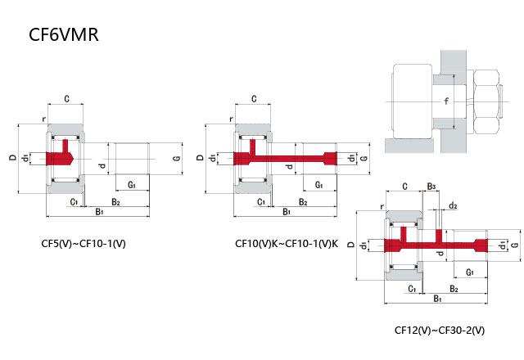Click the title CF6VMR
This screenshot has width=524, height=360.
tap(65, 37)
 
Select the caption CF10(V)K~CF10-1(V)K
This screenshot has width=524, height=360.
tap(287, 243)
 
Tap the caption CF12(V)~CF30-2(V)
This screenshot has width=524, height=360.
tap(440, 331)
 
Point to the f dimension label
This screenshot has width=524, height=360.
tap(445, 101)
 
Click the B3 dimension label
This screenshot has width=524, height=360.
tap(431, 187)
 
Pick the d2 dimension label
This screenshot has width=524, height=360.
tap(453, 206)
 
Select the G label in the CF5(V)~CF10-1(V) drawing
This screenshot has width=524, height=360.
tap(177, 157)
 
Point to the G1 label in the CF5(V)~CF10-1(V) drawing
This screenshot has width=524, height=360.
tap(131, 187)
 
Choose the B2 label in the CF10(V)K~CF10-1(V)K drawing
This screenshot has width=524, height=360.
tap(303, 201)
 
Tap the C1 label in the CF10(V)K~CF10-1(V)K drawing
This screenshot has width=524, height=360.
tap(260, 201)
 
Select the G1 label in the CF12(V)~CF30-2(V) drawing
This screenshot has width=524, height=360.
tap(470, 271)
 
